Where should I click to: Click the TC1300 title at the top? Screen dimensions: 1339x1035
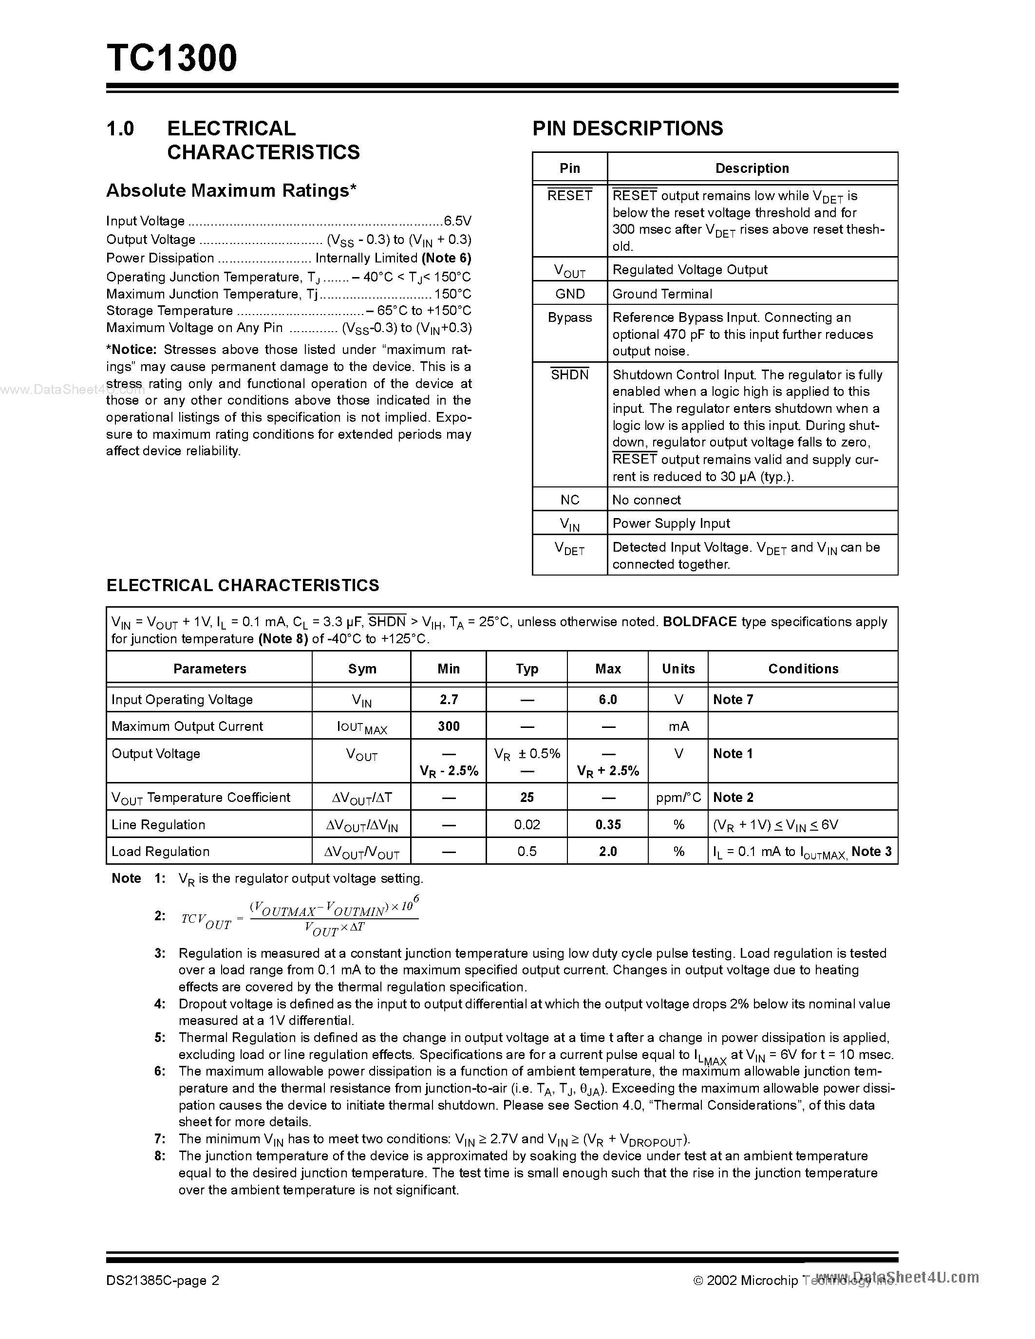(x=171, y=59)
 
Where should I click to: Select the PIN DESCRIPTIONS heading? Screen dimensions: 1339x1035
(x=627, y=128)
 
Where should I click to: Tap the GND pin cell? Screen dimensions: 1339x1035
(x=570, y=294)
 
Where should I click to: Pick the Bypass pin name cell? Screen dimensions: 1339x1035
(x=570, y=317)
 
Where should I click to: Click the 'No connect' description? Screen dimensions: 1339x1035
(x=646, y=500)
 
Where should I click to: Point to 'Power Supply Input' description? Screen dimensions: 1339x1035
(x=671, y=523)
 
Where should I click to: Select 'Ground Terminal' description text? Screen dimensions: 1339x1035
(x=661, y=294)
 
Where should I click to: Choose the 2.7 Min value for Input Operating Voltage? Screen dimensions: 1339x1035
(x=448, y=700)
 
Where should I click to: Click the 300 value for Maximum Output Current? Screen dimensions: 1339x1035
(x=448, y=726)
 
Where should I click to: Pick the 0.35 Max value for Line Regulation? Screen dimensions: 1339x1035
(x=608, y=825)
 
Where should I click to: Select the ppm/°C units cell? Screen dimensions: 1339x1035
(x=677, y=798)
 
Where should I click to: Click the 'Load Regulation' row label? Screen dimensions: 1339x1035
(x=161, y=852)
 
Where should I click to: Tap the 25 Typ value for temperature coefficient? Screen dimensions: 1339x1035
(x=527, y=798)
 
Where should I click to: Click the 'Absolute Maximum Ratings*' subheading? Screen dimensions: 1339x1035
(x=231, y=191)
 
